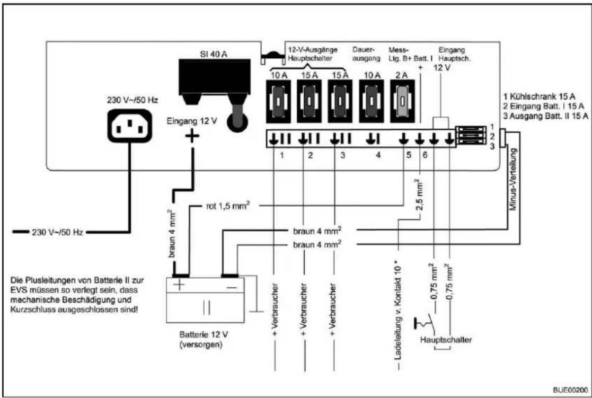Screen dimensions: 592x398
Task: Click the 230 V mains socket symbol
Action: pyautogui.click(x=130, y=126)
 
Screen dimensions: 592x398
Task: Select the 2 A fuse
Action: pyautogui.click(x=402, y=101)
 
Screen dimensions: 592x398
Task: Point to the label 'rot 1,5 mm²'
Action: pyautogui.click(x=228, y=206)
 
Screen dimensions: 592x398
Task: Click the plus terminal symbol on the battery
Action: pyautogui.click(x=180, y=285)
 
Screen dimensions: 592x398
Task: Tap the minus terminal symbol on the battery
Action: pyautogui.click(x=232, y=287)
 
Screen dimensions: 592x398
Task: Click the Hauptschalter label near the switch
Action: pyautogui.click(x=446, y=340)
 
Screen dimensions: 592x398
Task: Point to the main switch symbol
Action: pyautogui.click(x=425, y=323)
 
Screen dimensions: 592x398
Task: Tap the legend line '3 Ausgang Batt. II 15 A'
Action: pyautogui.click(x=545, y=116)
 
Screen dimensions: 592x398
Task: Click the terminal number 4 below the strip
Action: pyautogui.click(x=378, y=155)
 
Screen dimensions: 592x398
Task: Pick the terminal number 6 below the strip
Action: pyautogui.click(x=425, y=155)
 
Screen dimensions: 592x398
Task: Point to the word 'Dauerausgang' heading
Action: pyautogui.click(x=366, y=54)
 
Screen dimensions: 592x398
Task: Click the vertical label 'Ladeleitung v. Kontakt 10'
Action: pyautogui.click(x=398, y=310)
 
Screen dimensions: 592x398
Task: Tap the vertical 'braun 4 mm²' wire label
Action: pyautogui.click(x=171, y=233)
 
